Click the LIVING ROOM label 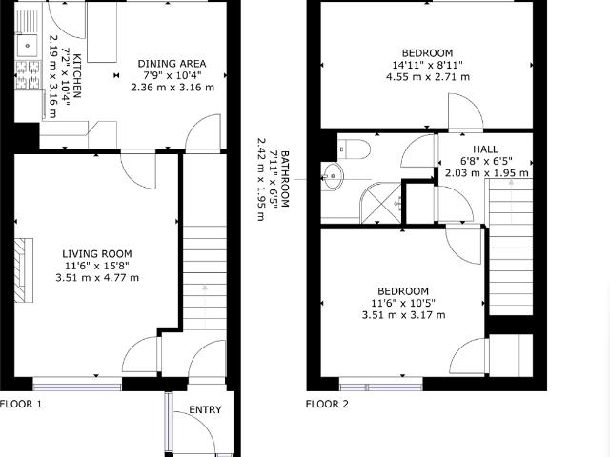click(x=97, y=254)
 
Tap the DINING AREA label click(x=172, y=64)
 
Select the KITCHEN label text click(x=77, y=76)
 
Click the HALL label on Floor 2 click(x=485, y=149)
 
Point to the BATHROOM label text click(x=285, y=179)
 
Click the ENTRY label click(x=205, y=410)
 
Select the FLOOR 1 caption click(x=21, y=404)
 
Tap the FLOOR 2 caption click(x=327, y=404)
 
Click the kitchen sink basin click(x=28, y=46)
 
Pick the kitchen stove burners click(x=28, y=74)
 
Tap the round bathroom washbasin click(x=333, y=176)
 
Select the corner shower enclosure click(x=381, y=203)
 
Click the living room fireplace click(x=24, y=270)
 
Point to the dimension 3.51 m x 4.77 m click(x=97, y=278)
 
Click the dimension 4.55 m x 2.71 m click(x=428, y=77)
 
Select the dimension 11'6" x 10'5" click(x=402, y=303)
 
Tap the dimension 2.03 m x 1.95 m click(x=487, y=173)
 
